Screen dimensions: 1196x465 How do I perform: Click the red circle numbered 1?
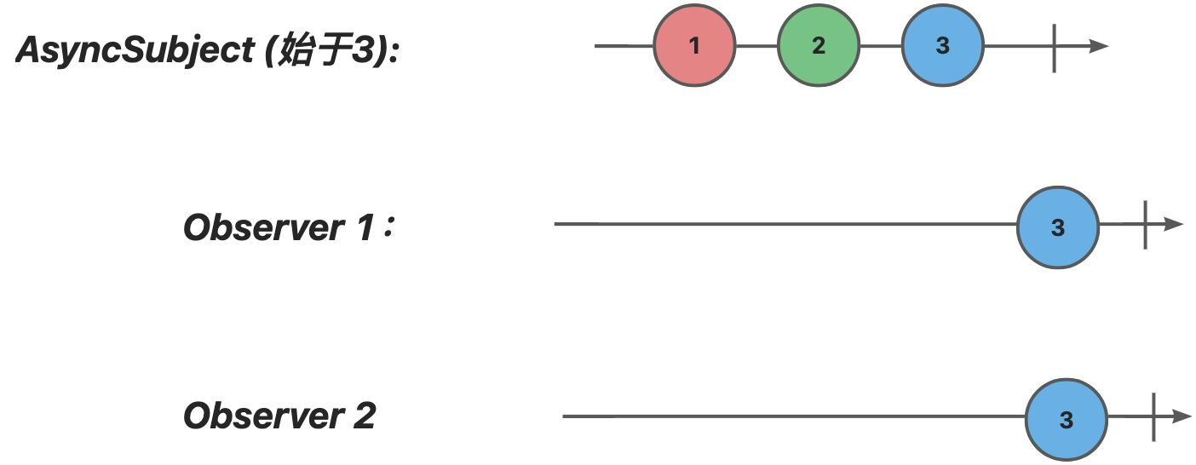(x=694, y=45)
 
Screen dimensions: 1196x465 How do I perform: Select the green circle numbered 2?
(x=818, y=45)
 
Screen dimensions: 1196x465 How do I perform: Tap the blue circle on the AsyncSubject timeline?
(x=942, y=45)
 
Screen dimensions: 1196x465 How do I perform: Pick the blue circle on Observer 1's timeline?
(x=1058, y=227)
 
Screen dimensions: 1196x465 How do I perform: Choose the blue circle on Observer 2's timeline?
(x=1067, y=420)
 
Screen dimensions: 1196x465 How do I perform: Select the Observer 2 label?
(x=279, y=416)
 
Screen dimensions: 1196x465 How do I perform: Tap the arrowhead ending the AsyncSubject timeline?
(x=1099, y=46)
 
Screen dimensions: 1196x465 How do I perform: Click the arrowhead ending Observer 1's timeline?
(x=1174, y=224)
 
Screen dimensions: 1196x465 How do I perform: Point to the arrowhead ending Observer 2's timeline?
(x=1182, y=416)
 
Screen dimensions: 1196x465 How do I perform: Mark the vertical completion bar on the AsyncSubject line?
(x=1054, y=48)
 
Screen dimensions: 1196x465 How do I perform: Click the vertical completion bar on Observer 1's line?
(x=1145, y=225)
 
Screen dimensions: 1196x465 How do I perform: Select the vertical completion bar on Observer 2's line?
(x=1153, y=417)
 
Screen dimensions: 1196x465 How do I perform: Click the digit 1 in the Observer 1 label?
(x=365, y=227)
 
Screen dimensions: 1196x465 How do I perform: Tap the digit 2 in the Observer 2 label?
(x=364, y=416)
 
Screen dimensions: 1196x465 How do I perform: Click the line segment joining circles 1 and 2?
(x=756, y=46)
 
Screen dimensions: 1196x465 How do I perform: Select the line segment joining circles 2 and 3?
(x=881, y=46)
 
